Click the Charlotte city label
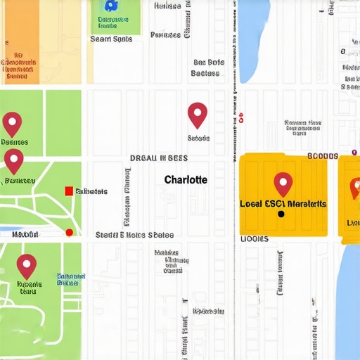[186, 179]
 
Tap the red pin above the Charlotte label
[198, 114]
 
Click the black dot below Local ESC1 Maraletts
[281, 214]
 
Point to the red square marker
[68, 191]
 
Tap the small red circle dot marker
[69, 232]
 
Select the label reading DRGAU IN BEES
[158, 159]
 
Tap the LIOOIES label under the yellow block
[255, 239]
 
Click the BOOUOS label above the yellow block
[323, 155]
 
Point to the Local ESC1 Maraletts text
[283, 203]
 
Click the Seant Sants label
[111, 39]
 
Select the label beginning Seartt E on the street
[134, 235]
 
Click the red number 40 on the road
[240, 117]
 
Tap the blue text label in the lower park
[70, 280]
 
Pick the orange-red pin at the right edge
[354, 187]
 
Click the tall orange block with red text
[21, 42]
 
